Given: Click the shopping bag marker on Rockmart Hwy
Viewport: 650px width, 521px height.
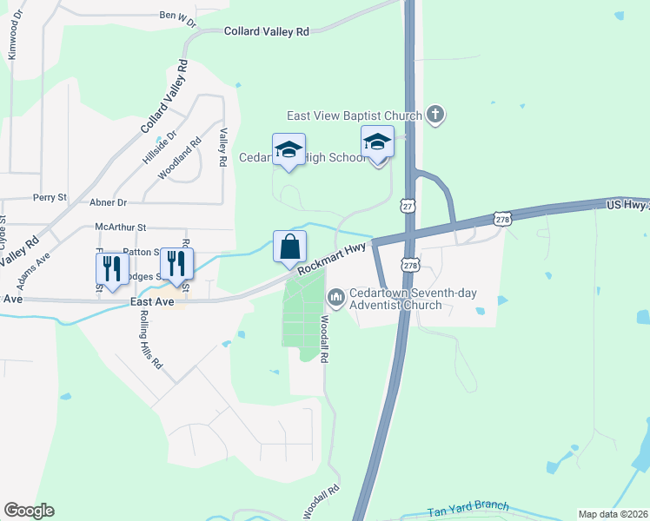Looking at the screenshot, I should click(x=289, y=247).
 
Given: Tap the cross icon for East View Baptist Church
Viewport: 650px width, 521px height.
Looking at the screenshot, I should click(x=435, y=115).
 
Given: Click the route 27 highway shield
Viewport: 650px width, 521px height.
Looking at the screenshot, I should click(x=407, y=205).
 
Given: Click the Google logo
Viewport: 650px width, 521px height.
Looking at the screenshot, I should click(x=29, y=511).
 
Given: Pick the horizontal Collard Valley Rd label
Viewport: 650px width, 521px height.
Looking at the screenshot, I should click(x=266, y=31).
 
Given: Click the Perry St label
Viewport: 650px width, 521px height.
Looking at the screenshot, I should click(x=50, y=198).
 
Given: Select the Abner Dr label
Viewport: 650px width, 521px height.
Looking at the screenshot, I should click(x=108, y=202).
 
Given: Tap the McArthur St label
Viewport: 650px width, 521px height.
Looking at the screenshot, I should click(x=121, y=228).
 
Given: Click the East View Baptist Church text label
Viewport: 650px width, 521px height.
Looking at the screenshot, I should click(x=355, y=115).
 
